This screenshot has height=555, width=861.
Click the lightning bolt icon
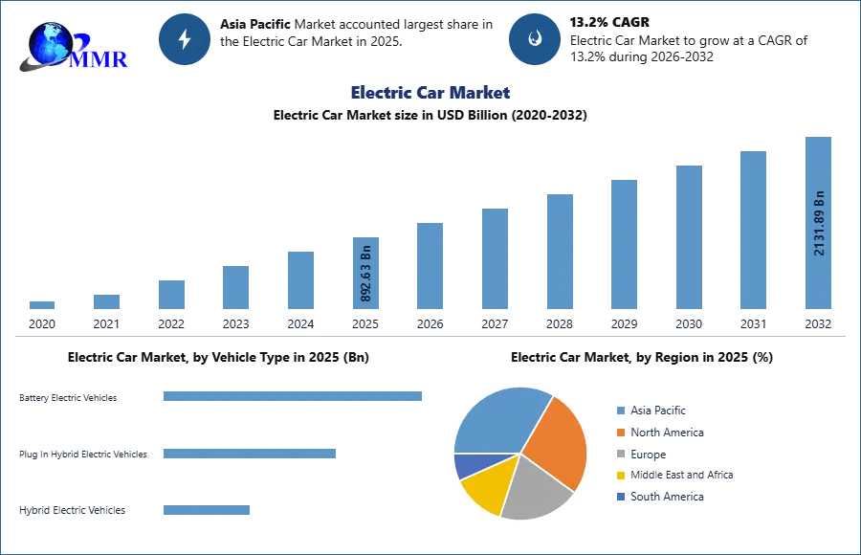[185, 38]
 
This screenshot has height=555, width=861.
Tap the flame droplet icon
[535, 39]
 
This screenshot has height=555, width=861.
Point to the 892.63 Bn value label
[366, 275]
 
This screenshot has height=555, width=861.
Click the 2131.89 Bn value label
[819, 223]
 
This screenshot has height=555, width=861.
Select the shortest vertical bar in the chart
[42, 305]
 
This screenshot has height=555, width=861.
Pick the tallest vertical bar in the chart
[819, 222]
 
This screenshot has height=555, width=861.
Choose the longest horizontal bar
[294, 397]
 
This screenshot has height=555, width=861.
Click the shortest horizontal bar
[206, 512]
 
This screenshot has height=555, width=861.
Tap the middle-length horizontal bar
[249, 452]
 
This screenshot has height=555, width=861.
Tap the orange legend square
[620, 433]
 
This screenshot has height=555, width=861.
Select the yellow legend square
[620, 475]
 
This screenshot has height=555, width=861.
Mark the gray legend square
[620, 454]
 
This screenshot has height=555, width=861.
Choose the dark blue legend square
[620, 498]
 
